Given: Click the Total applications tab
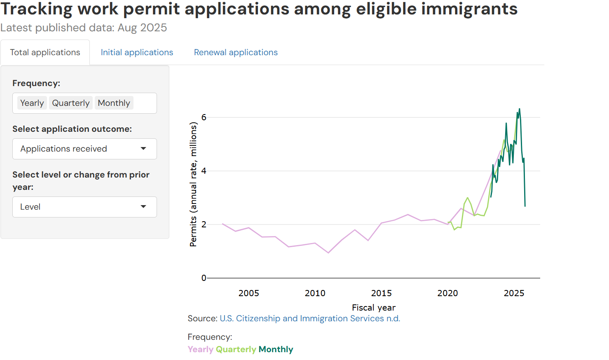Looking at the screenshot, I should tap(45, 52).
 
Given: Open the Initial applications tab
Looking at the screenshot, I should tap(137, 52).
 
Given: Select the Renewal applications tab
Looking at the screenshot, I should tap(236, 52).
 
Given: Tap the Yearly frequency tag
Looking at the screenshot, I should tap(32, 103).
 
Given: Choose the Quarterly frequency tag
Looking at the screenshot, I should tap(71, 103).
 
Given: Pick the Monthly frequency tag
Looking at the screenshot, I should tap(114, 103).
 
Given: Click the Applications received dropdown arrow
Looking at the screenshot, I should tap(143, 149).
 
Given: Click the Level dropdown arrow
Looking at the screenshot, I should tap(143, 207).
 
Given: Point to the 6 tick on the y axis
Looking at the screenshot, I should tap(204, 117).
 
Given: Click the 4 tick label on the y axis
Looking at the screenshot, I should tap(204, 171).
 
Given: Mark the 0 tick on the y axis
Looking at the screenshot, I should tap(204, 278).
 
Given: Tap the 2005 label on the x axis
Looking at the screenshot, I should tap(249, 293).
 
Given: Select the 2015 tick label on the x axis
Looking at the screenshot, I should tap(382, 293).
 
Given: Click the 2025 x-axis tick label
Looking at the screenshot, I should tap(514, 293).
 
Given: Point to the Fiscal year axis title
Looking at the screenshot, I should tap(374, 308).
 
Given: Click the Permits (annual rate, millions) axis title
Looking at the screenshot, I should tap(193, 184).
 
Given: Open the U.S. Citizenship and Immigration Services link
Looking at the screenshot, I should tap(310, 318).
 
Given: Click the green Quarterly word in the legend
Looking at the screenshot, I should tap(236, 349).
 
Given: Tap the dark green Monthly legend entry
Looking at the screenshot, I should tap(276, 349).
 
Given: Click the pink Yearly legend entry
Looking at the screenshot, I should tap(201, 349).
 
